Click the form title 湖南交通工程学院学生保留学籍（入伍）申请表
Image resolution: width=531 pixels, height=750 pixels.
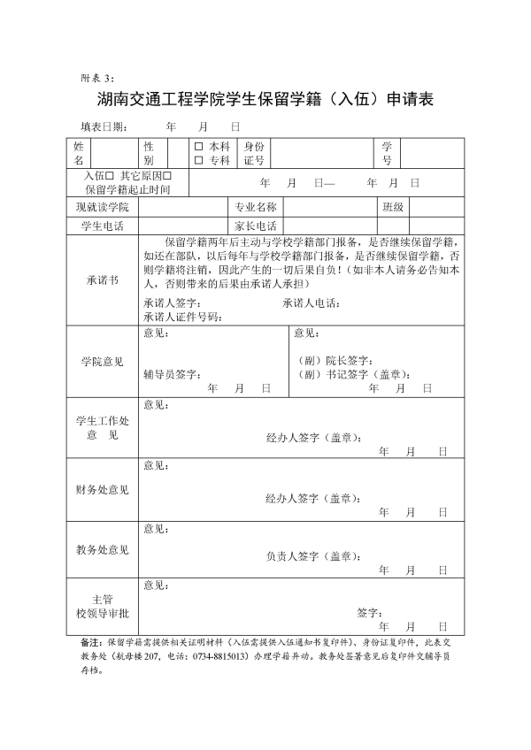265,98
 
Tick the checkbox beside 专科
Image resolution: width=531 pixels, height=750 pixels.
199,160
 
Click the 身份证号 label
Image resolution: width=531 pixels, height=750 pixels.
254,153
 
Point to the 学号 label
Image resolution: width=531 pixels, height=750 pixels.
387,153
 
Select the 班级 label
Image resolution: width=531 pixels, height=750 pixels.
393,207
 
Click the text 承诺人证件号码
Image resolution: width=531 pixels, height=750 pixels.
181,317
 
